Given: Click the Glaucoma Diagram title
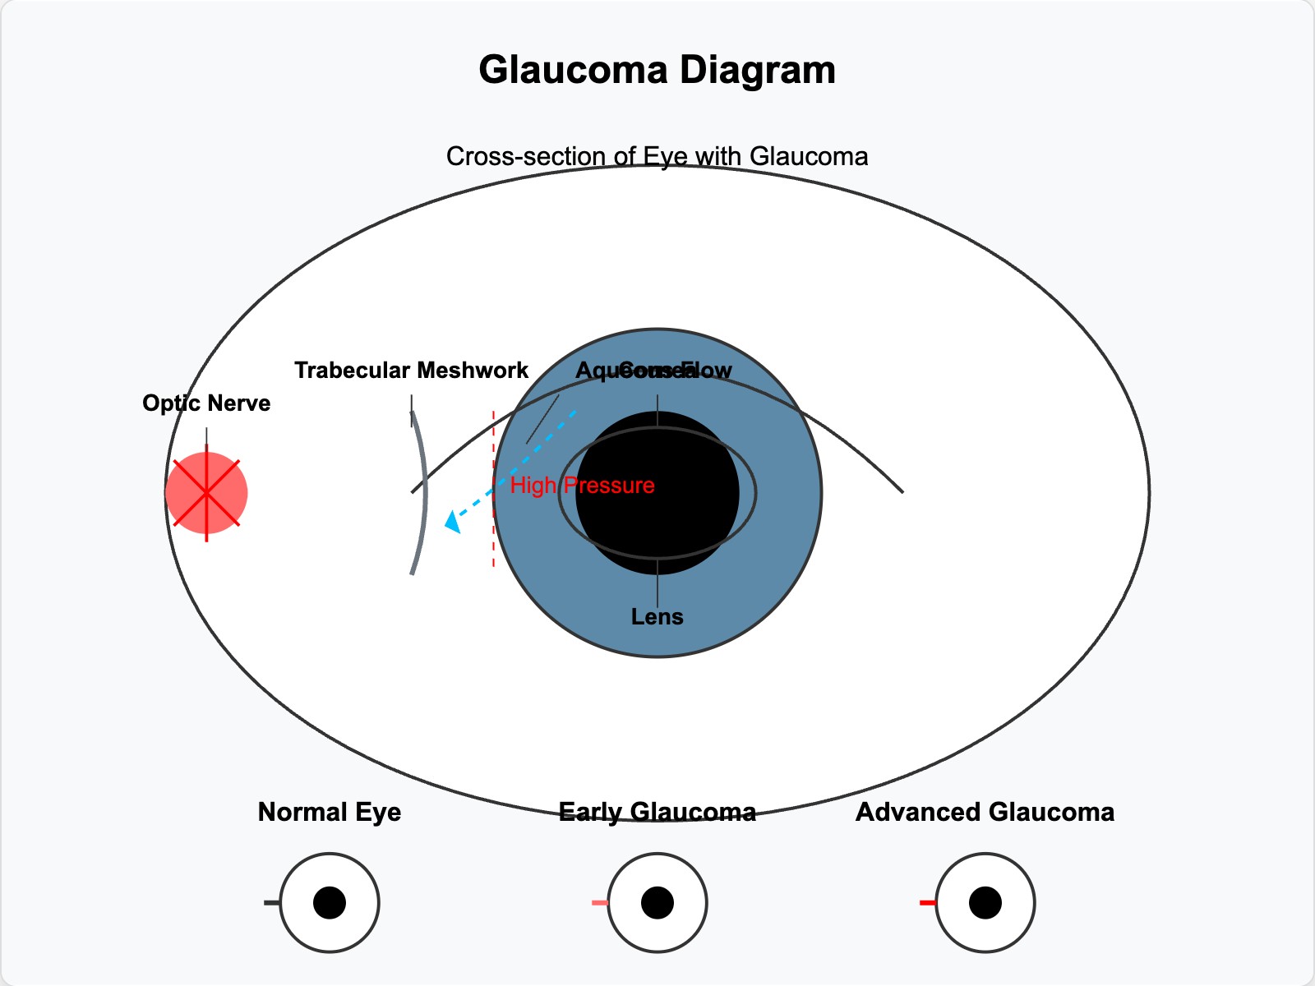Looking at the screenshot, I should pyautogui.click(x=657, y=70).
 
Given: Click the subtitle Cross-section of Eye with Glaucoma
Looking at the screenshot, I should pyautogui.click(x=657, y=156).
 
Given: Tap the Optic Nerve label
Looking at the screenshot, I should pyautogui.click(x=206, y=403).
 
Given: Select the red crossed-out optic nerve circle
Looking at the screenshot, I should pyautogui.click(x=206, y=492).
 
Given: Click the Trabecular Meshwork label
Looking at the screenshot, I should pyautogui.click(x=411, y=371).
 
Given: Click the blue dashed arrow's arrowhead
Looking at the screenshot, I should pyautogui.click(x=451, y=523).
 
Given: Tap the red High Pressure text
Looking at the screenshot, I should pyautogui.click(x=582, y=486).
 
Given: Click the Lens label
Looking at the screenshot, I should pyautogui.click(x=657, y=616).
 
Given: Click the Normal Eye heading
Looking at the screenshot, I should pyautogui.click(x=329, y=813).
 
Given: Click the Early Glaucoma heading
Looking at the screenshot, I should pyautogui.click(x=657, y=813).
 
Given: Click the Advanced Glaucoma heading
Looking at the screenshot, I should pyautogui.click(x=985, y=813).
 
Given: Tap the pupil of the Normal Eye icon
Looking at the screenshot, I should pyautogui.click(x=329, y=903).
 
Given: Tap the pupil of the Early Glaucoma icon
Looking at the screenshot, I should pyautogui.click(x=657, y=903).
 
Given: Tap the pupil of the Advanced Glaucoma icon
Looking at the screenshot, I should pyautogui.click(x=985, y=903).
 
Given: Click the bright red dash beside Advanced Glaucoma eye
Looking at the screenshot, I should pyautogui.click(x=927, y=903).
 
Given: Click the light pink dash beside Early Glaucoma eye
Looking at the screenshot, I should pyautogui.click(x=600, y=903).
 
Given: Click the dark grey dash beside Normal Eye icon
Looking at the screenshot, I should pyautogui.click(x=272, y=903).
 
